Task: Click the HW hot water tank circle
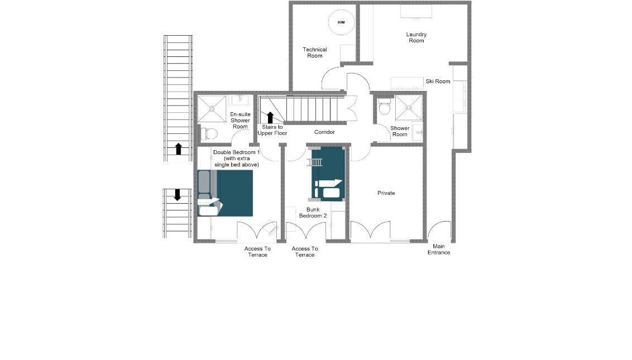click(341, 22)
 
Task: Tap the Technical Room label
click(315, 52)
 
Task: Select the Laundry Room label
click(416, 37)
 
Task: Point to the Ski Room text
click(438, 81)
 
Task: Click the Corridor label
click(324, 132)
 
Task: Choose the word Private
click(386, 193)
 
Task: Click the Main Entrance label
click(439, 249)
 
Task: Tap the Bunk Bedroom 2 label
click(313, 213)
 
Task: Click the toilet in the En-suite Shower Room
click(209, 133)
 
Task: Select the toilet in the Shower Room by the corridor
click(385, 107)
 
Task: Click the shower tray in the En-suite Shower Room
click(212, 109)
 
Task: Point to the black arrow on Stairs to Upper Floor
click(270, 118)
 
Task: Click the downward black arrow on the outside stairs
click(177, 195)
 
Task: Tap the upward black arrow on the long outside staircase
click(179, 149)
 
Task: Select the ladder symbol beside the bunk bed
click(314, 162)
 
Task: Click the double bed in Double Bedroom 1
click(225, 193)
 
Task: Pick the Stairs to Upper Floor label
click(272, 130)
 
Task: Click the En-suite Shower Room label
click(240, 120)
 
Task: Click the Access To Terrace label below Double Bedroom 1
click(257, 252)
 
